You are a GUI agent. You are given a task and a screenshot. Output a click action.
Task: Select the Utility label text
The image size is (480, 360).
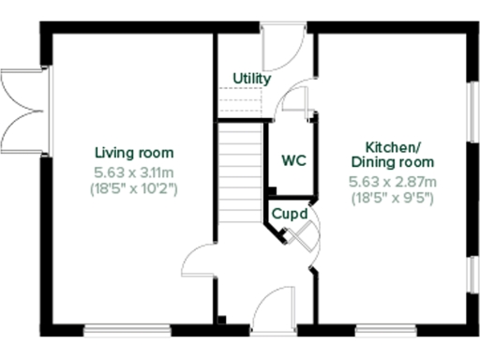click(x=252, y=79)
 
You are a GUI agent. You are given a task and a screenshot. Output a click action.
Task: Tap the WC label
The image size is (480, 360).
click(x=294, y=160)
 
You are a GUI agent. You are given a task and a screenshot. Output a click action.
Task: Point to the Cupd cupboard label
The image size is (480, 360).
click(x=290, y=214)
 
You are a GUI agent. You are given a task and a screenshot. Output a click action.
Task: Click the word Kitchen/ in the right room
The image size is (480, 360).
click(x=393, y=148)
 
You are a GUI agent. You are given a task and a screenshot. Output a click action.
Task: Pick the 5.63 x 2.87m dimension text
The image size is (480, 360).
click(x=393, y=182)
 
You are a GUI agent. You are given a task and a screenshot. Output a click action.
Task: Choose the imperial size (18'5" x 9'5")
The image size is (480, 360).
click(x=393, y=198)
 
